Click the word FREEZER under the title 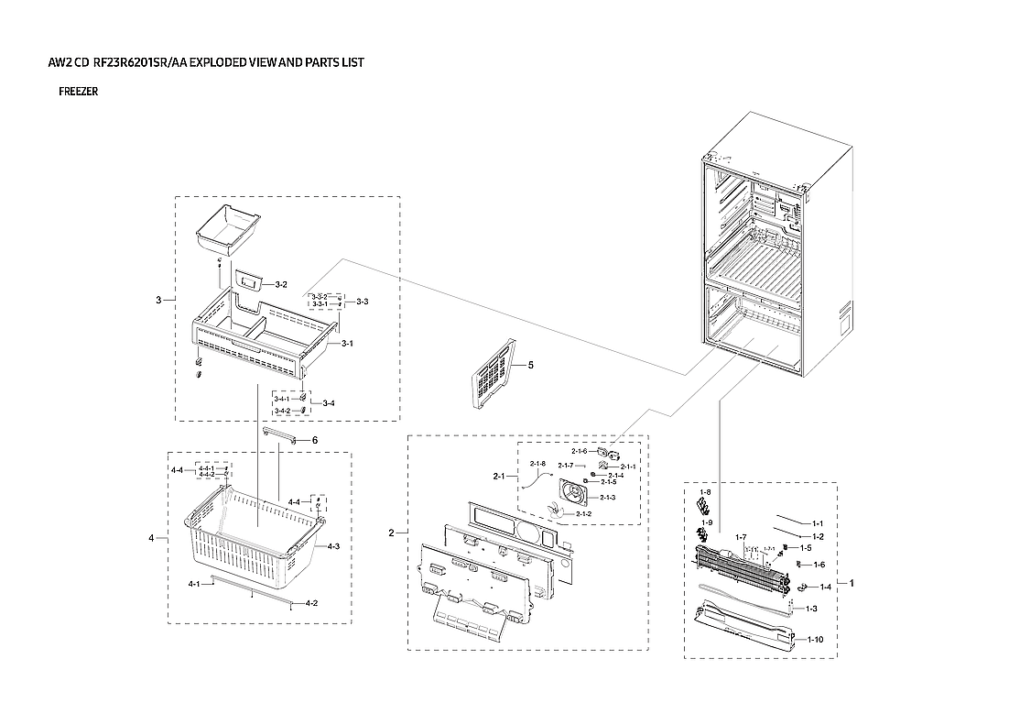coord(78,92)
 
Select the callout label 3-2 coord(281,285)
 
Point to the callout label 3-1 coord(347,344)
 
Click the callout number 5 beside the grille coord(530,365)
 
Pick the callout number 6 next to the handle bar coord(314,441)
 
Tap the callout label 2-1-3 coord(608,497)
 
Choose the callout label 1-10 coord(815,639)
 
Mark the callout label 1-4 coord(825,587)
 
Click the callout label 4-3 coord(333,546)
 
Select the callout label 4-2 coord(311,603)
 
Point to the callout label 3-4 coord(328,403)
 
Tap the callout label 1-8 coord(705,492)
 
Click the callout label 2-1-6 coord(580,451)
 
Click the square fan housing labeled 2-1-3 coord(577,496)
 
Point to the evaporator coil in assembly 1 coord(742,568)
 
